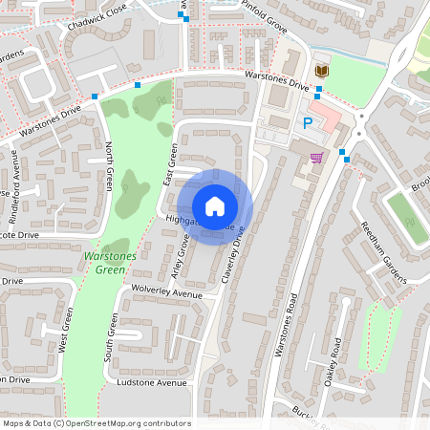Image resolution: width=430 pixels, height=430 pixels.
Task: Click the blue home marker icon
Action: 215,206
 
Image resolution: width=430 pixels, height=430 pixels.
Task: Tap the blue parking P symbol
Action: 307,122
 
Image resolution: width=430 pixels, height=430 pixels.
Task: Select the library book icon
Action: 320,72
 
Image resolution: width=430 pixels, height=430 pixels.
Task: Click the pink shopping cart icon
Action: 316,157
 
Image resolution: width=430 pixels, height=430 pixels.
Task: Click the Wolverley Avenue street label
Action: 167,291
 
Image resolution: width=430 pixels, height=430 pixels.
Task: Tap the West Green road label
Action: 66,331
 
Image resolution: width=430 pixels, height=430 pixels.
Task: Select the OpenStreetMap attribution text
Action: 97,423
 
